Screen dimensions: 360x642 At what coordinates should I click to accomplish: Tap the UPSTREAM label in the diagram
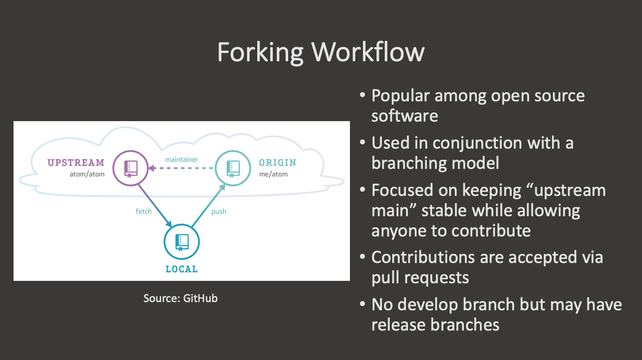click(x=76, y=163)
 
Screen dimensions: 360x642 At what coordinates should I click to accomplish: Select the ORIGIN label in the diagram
click(x=278, y=163)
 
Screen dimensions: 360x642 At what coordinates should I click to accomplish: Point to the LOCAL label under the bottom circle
click(x=181, y=269)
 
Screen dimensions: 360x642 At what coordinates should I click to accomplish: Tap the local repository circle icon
click(x=181, y=241)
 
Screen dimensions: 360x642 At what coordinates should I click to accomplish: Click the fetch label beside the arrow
click(x=143, y=211)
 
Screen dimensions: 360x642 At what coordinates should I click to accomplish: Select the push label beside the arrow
click(x=219, y=211)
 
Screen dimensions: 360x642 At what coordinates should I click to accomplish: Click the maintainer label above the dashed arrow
click(x=181, y=159)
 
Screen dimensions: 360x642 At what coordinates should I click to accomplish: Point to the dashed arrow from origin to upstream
click(x=181, y=168)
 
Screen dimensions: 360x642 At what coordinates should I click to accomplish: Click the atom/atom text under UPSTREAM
click(x=87, y=174)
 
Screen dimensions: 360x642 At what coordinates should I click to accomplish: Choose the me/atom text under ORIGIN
click(x=273, y=174)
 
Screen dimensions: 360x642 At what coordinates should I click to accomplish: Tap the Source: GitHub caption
click(x=181, y=298)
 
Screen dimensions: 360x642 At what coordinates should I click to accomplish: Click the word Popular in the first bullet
click(x=400, y=96)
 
